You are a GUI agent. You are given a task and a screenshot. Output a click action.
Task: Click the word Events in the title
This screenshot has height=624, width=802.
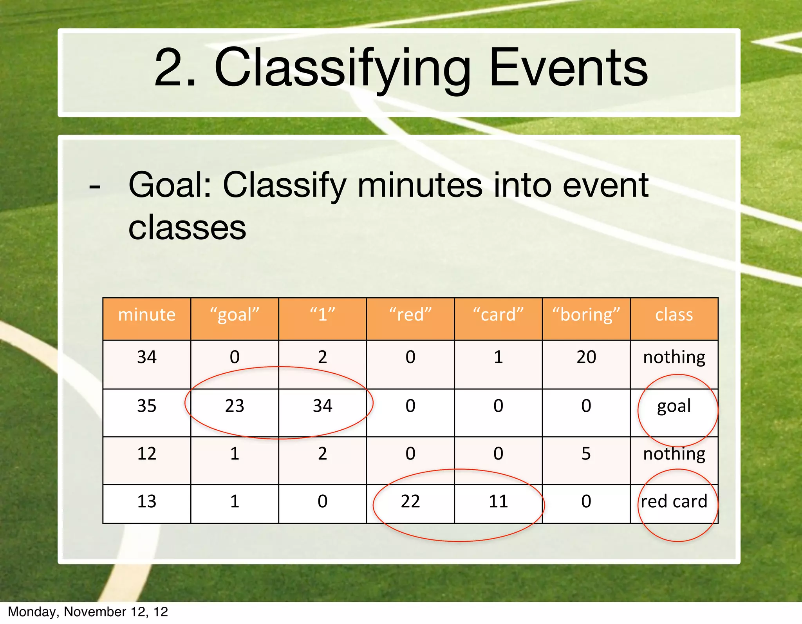point(569,67)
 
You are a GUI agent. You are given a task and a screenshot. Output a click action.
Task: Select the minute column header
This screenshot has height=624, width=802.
point(147,315)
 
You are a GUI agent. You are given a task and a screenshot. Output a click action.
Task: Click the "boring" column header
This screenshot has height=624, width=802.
point(586,315)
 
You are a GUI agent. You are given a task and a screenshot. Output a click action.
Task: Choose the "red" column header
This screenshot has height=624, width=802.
point(410,315)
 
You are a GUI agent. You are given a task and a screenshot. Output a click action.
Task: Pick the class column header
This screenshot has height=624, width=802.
point(674,315)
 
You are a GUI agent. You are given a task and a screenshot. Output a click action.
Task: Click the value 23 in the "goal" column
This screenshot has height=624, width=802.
point(235,406)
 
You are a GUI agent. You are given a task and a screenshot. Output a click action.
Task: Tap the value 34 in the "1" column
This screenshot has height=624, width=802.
point(322,406)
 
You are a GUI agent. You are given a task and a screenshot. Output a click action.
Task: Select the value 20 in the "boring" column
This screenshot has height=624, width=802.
point(586,357)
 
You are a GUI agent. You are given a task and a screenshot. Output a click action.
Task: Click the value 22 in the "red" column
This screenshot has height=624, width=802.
point(410,501)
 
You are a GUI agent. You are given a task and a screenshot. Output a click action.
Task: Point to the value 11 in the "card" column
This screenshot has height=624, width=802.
point(498,501)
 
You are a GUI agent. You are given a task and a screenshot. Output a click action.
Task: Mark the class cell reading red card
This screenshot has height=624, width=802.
point(674,501)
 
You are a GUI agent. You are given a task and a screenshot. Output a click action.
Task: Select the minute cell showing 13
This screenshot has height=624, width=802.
point(147,501)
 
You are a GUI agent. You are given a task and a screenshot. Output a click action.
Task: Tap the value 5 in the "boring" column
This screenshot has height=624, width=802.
point(586,454)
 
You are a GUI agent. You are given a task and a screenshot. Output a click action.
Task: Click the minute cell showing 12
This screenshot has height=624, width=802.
point(147,454)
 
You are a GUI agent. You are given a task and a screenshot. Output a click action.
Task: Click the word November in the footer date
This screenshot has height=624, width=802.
point(94,612)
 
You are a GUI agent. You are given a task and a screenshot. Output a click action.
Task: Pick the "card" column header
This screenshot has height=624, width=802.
point(498,315)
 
